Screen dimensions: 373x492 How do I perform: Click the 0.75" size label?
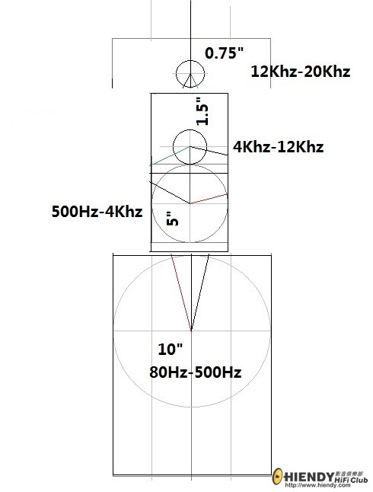(224, 53)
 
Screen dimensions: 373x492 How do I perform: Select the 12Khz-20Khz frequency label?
(300, 72)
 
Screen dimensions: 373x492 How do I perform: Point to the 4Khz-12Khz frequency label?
(278, 147)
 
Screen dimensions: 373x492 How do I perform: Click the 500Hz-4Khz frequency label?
(97, 212)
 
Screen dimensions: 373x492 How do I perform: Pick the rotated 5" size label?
(173, 219)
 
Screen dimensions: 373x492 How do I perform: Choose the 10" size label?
(170, 350)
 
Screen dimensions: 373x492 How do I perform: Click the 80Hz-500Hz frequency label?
(195, 372)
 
